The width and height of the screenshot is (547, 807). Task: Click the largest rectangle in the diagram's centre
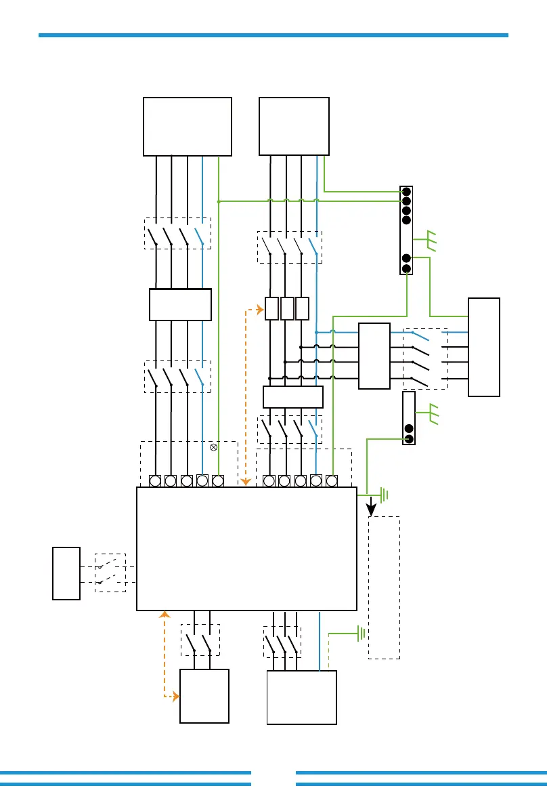point(246,548)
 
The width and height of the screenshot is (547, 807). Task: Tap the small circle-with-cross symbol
point(214,447)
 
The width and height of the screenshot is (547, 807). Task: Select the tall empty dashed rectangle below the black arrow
point(384,587)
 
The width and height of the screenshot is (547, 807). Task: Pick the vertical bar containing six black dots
point(406,230)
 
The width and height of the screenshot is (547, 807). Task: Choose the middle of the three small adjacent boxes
point(287,308)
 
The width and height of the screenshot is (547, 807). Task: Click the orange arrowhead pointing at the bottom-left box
point(175,696)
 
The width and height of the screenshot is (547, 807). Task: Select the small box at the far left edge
point(66,573)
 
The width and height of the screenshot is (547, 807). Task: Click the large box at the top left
point(188,127)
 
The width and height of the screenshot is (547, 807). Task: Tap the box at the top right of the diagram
point(294,127)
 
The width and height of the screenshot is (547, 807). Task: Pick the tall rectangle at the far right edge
point(484,347)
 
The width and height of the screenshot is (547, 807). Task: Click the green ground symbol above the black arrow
point(384,495)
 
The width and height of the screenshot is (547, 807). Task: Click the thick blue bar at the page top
point(273,35)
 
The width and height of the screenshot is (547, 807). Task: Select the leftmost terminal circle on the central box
point(155,481)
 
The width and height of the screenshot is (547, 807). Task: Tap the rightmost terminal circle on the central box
point(332,481)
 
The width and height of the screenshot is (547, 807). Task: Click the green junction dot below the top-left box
point(219,201)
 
